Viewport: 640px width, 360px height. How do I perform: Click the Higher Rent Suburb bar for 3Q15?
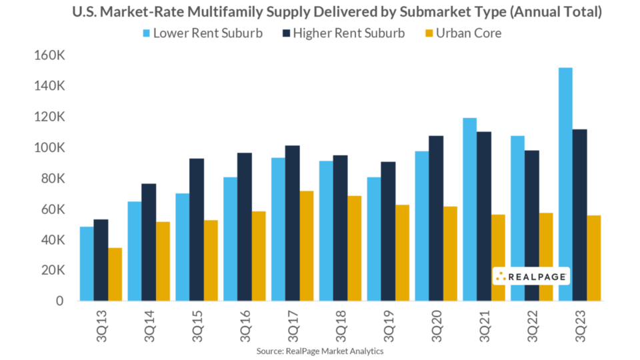197,229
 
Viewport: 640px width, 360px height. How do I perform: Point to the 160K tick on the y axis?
49,55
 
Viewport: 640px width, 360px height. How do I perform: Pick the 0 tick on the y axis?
59,301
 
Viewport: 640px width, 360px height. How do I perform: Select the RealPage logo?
531,276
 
